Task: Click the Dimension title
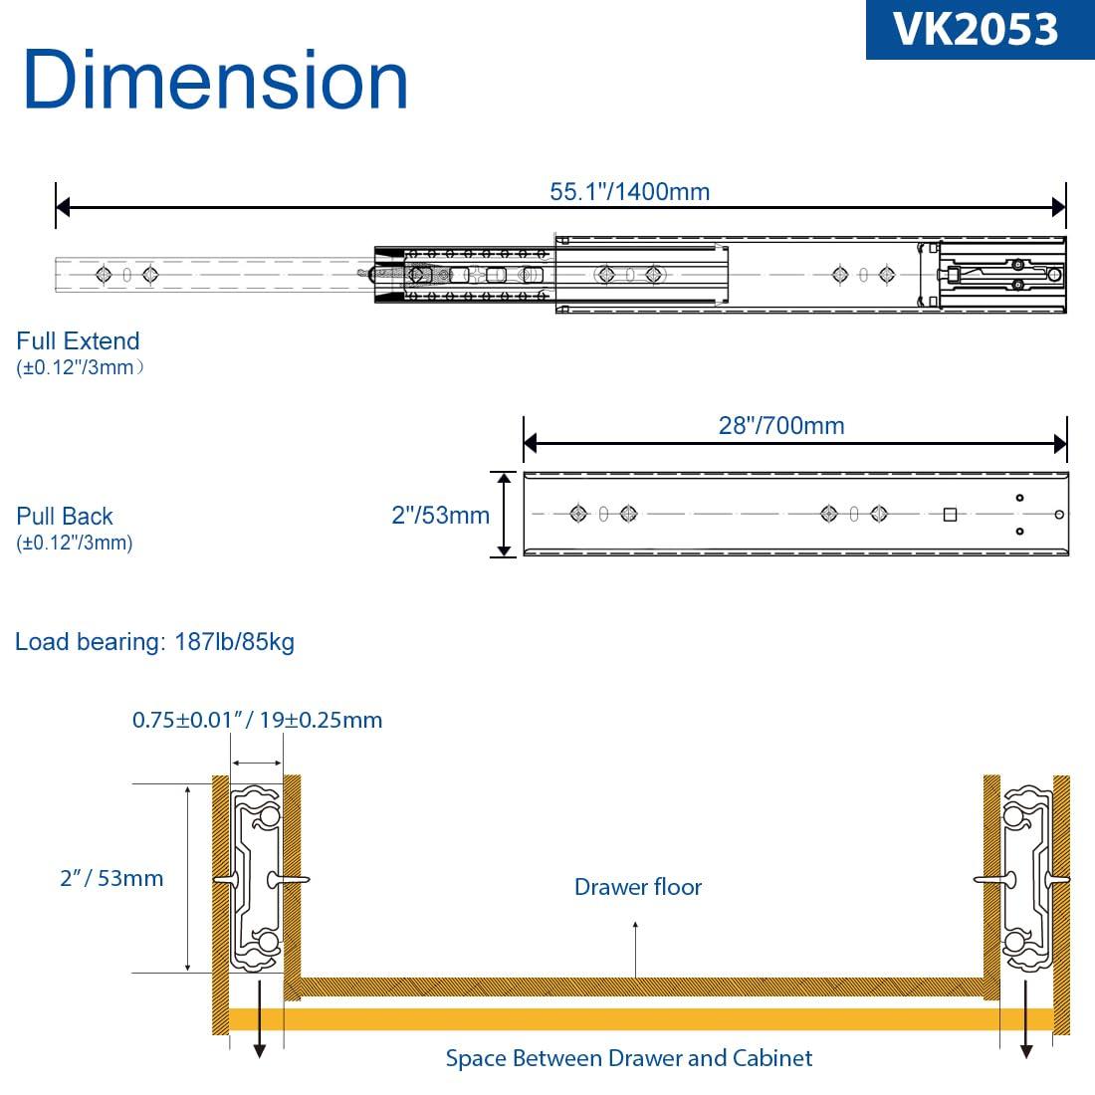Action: [x=215, y=81]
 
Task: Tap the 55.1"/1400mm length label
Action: [x=629, y=191]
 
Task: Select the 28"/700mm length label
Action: [x=781, y=425]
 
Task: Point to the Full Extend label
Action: [x=78, y=341]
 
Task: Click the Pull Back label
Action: [x=65, y=517]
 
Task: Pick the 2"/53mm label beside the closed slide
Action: [x=440, y=515]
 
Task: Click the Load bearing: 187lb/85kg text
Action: [x=154, y=642]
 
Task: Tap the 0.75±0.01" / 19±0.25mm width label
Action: [x=257, y=720]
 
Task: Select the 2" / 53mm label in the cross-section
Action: [x=111, y=878]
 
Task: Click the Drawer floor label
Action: [x=637, y=887]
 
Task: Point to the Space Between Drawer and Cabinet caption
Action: [x=628, y=1058]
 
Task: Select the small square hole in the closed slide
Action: [x=950, y=515]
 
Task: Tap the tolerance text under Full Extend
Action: [x=81, y=367]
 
